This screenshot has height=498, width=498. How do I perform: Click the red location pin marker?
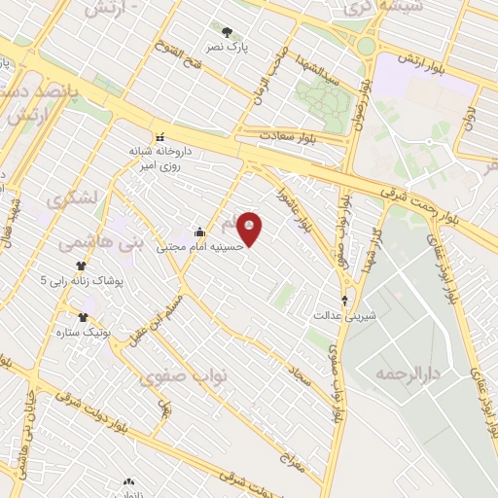(x=250, y=229)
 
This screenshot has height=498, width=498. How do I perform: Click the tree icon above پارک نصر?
(x=228, y=32)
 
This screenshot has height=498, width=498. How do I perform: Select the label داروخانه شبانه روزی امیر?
(x=160, y=159)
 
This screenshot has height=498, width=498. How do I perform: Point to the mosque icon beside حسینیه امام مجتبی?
(x=199, y=231)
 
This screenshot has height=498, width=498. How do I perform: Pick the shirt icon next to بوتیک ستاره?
(x=83, y=317)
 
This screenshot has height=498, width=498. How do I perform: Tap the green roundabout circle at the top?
(x=366, y=46)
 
